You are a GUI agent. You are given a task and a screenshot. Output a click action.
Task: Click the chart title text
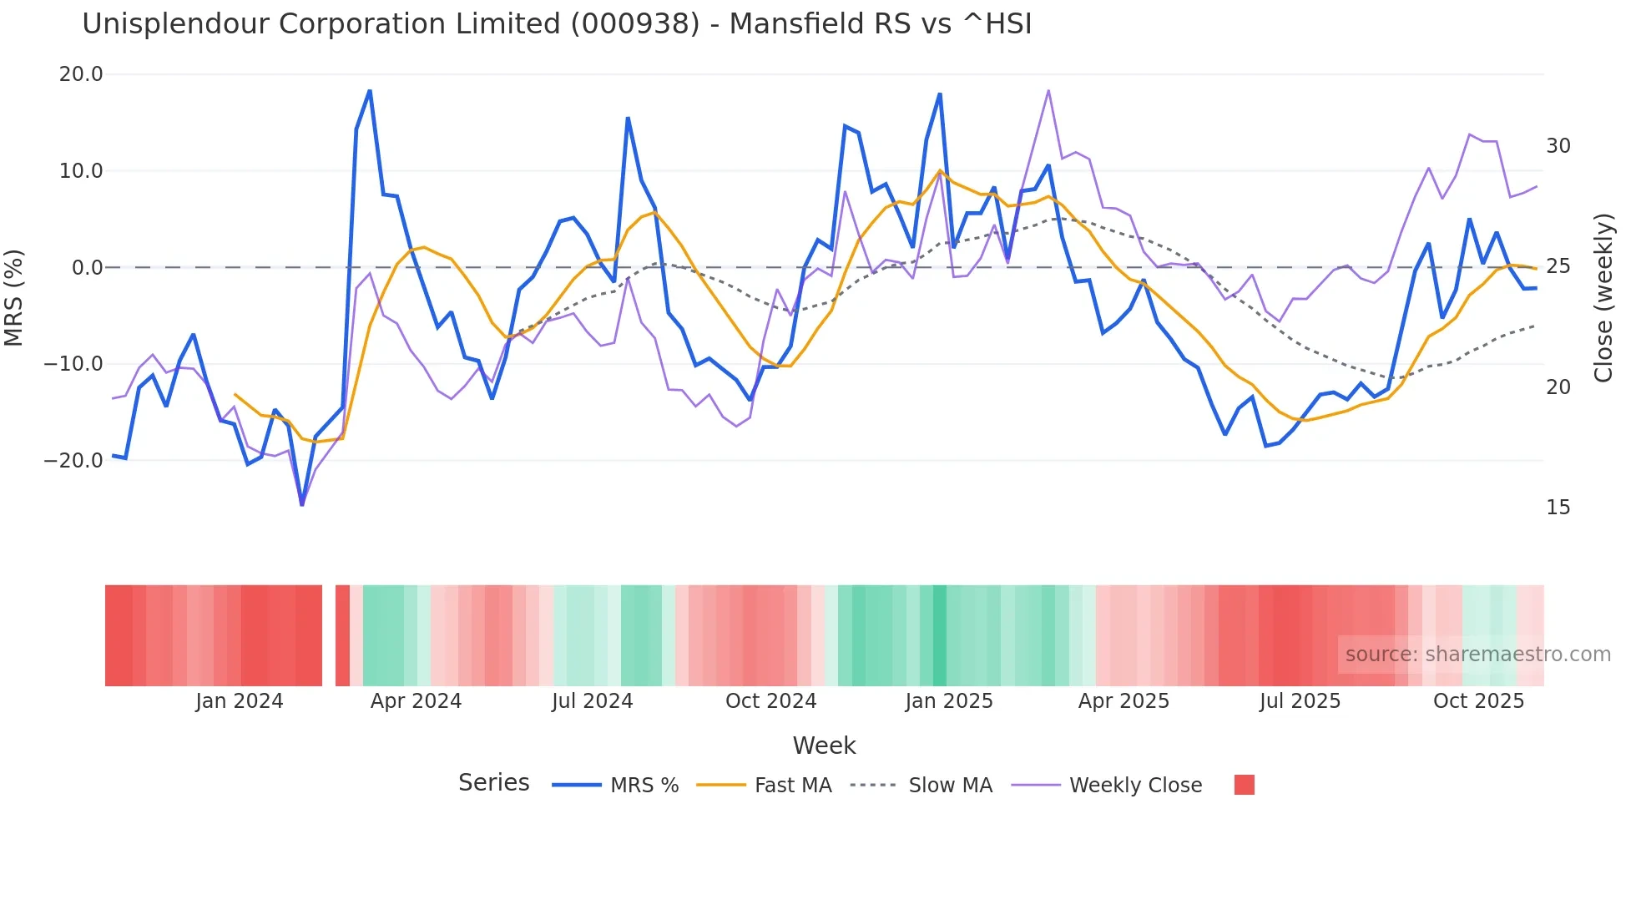point(557,24)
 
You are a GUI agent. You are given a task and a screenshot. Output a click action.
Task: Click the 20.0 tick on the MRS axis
point(81,74)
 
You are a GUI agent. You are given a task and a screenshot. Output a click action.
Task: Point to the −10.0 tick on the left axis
point(73,364)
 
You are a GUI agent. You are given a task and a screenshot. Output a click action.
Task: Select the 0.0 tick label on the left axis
point(87,268)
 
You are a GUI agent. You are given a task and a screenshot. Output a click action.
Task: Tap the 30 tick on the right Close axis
point(1558,146)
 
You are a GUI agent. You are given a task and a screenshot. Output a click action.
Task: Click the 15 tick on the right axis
point(1558,508)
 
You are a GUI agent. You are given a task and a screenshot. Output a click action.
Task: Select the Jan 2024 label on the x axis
point(240,701)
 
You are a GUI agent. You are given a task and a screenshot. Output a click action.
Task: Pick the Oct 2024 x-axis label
point(770,701)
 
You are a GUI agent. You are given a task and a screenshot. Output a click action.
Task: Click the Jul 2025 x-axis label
point(1300,701)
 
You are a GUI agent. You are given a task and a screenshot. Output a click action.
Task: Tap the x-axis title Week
point(824,746)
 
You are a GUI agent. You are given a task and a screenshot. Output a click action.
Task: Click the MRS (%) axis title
point(14,298)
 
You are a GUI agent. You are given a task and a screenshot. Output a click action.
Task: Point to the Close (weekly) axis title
point(1603,298)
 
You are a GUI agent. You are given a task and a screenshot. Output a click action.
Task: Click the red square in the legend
point(1244,785)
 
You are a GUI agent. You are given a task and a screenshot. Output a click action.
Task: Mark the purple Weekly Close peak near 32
point(1048,91)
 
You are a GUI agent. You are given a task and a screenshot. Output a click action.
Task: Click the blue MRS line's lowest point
point(302,503)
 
